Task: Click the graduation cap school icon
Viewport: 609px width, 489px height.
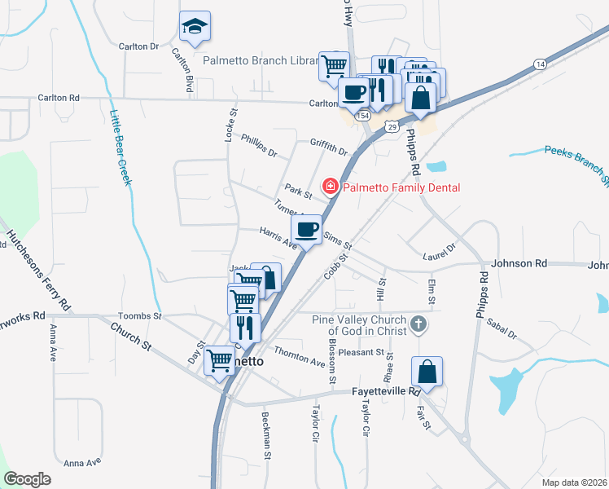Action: tap(195, 27)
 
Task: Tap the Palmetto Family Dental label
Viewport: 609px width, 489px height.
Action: tap(401, 187)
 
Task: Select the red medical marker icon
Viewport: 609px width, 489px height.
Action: tap(331, 187)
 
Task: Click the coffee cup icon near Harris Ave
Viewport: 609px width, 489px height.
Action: tap(306, 229)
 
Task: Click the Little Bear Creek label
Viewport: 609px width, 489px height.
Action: tap(120, 148)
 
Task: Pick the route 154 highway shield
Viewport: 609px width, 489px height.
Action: tap(363, 117)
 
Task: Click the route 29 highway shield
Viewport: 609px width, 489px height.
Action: tap(392, 127)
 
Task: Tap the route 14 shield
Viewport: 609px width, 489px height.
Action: tap(540, 63)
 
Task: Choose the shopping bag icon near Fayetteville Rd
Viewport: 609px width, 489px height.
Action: tap(427, 372)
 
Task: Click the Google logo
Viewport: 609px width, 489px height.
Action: tap(27, 478)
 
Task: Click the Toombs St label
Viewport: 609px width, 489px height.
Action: tap(140, 315)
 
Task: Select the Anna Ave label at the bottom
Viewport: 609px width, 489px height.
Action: tap(81, 462)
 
